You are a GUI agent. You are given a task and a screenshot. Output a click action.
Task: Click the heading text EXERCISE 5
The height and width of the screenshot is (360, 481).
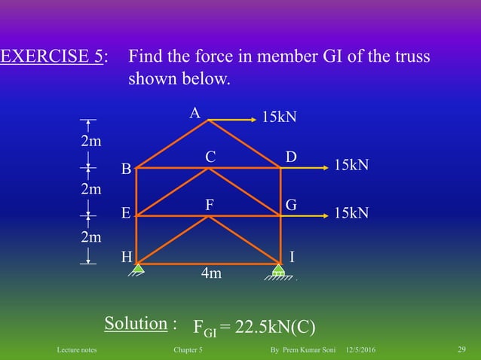point(52,57)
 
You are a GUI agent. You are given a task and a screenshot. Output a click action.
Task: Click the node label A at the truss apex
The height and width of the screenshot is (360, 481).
point(195,114)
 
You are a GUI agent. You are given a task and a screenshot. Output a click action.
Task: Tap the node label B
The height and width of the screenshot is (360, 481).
point(127,169)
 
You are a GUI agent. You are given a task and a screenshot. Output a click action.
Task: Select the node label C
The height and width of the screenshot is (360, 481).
point(210,157)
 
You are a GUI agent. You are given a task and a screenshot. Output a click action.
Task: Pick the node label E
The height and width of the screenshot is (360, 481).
point(127,213)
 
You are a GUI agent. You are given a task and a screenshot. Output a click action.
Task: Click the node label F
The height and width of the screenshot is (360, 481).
point(210,205)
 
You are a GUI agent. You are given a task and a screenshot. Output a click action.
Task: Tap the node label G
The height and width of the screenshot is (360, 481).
point(291,205)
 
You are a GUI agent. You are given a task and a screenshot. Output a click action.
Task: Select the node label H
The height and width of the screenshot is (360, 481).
point(127,256)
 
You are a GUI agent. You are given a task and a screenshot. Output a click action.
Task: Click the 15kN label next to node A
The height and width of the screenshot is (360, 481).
point(279,117)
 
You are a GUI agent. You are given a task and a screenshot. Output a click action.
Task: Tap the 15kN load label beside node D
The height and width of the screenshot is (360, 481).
point(351,165)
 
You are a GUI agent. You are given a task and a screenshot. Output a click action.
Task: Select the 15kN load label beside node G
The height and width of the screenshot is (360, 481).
point(351,213)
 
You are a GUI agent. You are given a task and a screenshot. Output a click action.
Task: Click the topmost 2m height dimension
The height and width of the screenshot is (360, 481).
point(92,141)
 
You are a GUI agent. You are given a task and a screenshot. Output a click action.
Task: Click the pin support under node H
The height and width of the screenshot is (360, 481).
point(138,269)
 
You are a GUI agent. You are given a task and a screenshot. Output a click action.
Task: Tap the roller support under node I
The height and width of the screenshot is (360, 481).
point(279,271)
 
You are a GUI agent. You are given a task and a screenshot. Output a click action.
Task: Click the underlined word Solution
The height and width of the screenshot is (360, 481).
point(136,323)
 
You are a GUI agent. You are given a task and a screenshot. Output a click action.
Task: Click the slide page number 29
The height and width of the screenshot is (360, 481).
point(461,348)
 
